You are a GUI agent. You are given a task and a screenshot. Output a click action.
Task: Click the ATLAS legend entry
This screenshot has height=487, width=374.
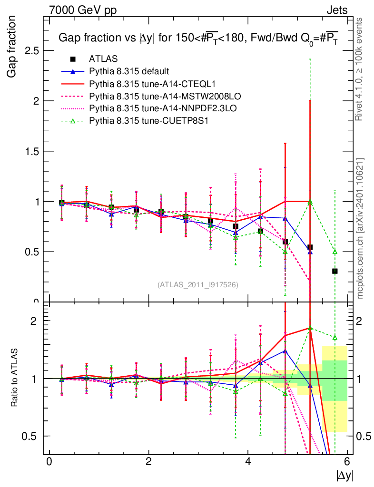pyautogui.click(x=103, y=59)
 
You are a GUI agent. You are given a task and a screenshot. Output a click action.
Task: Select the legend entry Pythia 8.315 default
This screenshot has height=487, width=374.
pyautogui.click(x=129, y=71)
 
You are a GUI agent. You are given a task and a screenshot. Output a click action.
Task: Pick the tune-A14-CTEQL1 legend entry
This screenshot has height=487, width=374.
pyautogui.click(x=143, y=84)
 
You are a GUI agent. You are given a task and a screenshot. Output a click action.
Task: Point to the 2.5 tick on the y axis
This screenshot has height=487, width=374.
pyautogui.click(x=32, y=51)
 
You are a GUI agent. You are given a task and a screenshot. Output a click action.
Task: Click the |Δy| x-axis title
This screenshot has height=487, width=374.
pyautogui.click(x=345, y=475)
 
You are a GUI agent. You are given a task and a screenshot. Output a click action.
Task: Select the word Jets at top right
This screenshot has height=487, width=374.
pyautogui.click(x=337, y=10)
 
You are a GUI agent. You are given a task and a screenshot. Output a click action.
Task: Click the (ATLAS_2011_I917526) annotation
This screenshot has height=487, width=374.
pyautogui.click(x=198, y=284)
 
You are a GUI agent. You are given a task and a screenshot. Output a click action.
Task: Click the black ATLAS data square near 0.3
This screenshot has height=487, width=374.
pyautogui.click(x=335, y=271)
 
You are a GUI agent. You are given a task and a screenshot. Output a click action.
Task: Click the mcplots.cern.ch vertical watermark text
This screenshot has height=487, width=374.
pyautogui.click(x=360, y=228)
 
